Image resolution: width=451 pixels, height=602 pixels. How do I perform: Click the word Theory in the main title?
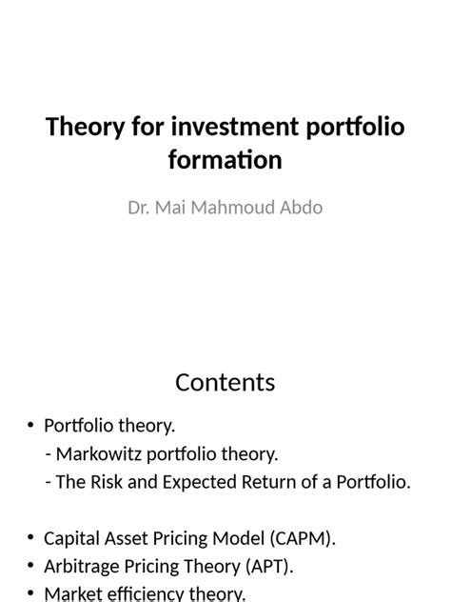(85, 127)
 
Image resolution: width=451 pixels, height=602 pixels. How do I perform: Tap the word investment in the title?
(234, 127)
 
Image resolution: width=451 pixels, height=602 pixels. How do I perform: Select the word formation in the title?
(225, 160)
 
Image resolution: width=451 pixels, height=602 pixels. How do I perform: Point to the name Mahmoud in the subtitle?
(233, 208)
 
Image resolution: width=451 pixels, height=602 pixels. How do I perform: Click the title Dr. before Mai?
(139, 208)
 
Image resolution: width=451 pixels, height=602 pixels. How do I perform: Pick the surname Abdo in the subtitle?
(301, 208)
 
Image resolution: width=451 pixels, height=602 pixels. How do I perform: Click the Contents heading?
(225, 383)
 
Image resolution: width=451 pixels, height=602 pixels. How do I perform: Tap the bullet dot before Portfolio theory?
(30, 426)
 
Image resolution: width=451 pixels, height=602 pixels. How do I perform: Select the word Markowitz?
(99, 454)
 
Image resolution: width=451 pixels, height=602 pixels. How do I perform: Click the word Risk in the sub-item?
(107, 482)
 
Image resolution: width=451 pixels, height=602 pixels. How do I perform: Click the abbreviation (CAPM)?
(303, 538)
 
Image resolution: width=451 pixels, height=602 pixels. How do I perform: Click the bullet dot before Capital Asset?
(30, 537)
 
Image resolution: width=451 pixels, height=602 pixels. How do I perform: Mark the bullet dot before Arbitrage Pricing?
(30, 566)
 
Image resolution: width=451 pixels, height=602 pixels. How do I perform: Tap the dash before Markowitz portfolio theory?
(49, 455)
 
